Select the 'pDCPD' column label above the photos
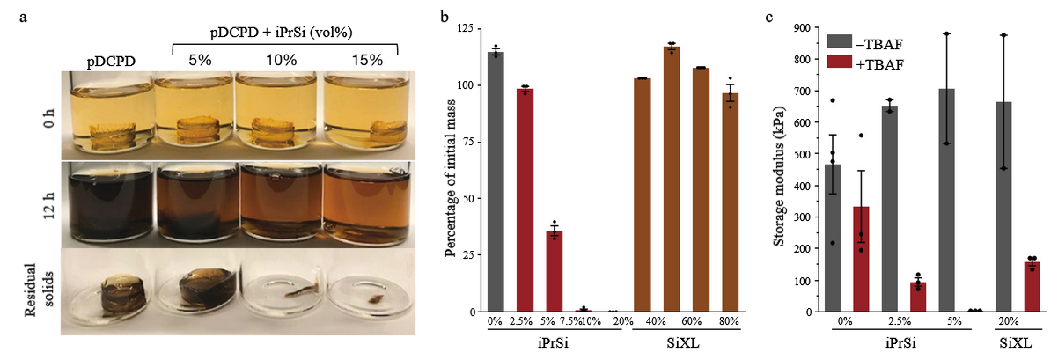110,61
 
